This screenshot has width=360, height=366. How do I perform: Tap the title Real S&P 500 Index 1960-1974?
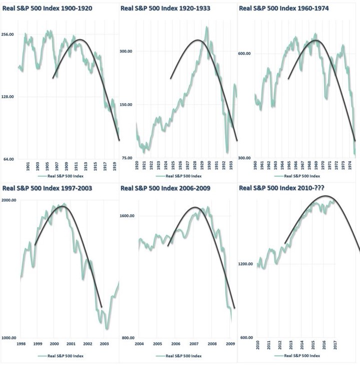coord(284,9)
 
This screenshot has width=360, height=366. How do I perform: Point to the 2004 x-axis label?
coord(139,344)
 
